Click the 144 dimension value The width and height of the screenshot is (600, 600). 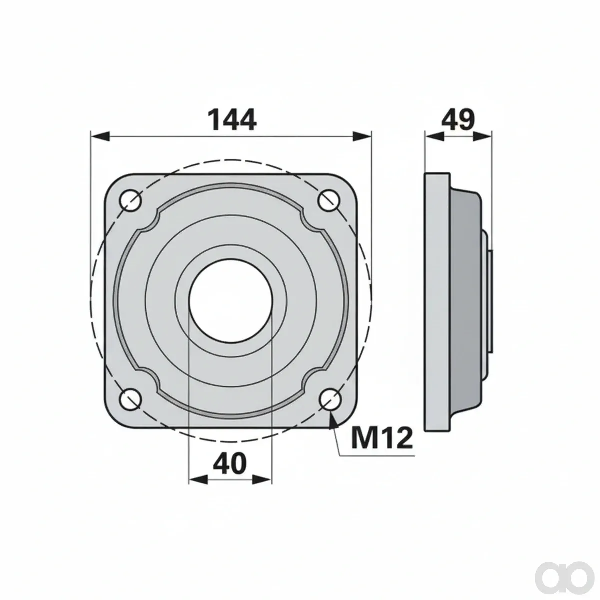[233, 120]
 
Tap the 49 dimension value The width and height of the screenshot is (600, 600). [458, 119]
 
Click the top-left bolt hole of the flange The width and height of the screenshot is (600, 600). [131, 200]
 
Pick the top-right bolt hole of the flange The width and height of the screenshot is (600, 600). [329, 200]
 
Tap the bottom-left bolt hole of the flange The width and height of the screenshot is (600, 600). [131, 399]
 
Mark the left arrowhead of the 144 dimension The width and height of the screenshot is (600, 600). [100, 136]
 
